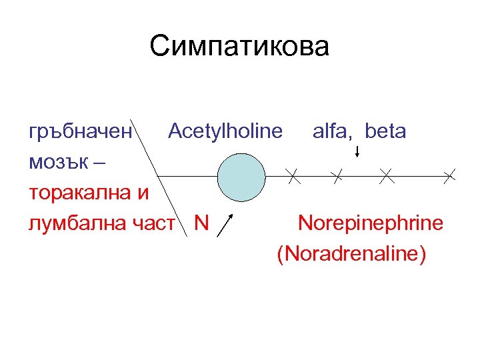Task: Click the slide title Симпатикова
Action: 239,47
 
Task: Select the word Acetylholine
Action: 225,131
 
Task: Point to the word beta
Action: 385,131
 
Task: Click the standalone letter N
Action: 200,223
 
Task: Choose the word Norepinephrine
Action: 370,223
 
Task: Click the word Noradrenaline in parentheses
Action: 351,254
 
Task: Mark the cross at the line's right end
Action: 450,176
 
